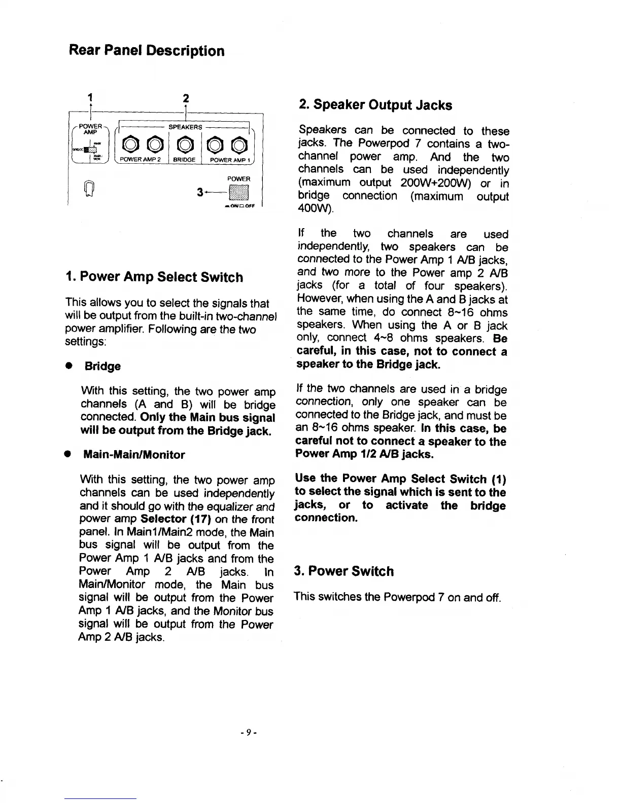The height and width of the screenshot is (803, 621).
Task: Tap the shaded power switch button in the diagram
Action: tap(236, 194)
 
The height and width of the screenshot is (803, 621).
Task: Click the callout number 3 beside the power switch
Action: tap(201, 193)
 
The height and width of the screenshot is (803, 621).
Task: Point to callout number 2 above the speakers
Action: tap(186, 97)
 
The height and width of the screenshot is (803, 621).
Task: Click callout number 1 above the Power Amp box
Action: tap(90, 97)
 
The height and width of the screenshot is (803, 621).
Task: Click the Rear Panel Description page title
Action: tap(146, 51)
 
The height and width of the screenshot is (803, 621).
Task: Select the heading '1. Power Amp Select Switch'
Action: tap(154, 277)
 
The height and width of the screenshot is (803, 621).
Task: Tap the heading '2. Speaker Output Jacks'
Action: tap(375, 105)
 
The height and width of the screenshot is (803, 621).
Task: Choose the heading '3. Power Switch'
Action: tap(344, 571)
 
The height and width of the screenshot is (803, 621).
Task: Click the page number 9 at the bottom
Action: tap(249, 732)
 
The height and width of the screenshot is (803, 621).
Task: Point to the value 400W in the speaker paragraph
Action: tap(313, 209)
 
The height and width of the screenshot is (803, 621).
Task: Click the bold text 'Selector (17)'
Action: tap(172, 519)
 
